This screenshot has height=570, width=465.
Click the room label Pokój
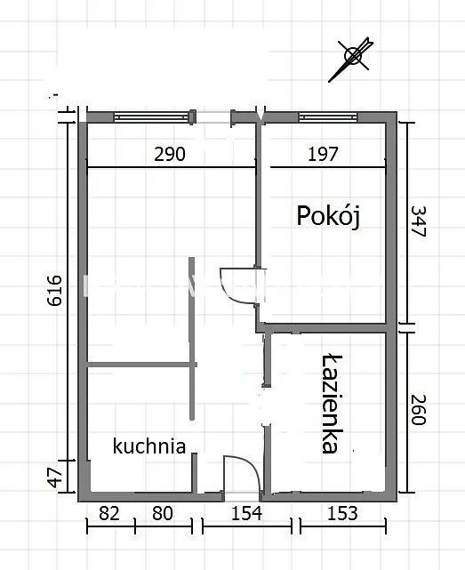(328, 216)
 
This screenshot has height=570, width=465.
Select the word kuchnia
(149, 446)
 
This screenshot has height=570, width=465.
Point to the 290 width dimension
(170, 154)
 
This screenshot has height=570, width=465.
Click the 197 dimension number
(324, 154)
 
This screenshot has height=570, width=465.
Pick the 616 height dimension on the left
(55, 290)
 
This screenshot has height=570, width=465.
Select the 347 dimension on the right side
(418, 221)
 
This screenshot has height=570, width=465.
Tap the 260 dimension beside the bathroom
(418, 410)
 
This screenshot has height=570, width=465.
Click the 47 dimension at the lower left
(55, 478)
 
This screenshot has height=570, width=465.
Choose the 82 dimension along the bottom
(109, 513)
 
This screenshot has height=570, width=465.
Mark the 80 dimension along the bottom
(163, 513)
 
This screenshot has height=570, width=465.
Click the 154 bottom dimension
(246, 513)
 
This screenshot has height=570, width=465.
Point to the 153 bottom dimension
(342, 513)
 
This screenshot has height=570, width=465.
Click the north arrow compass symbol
(351, 58)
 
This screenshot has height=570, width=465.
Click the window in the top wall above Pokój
(328, 117)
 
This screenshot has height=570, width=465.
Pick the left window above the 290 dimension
(152, 117)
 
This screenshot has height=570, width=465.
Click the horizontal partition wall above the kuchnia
(141, 365)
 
